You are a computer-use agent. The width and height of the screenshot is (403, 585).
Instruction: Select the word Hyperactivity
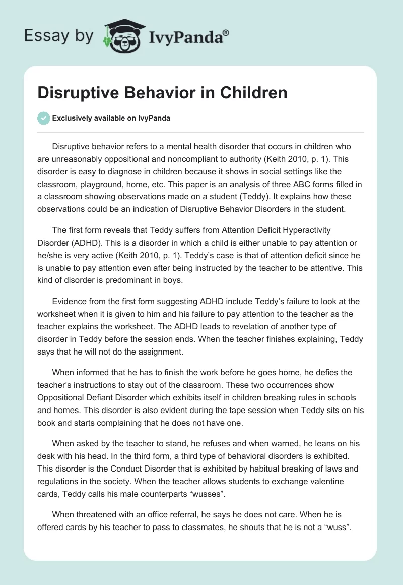pos(292,230)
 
